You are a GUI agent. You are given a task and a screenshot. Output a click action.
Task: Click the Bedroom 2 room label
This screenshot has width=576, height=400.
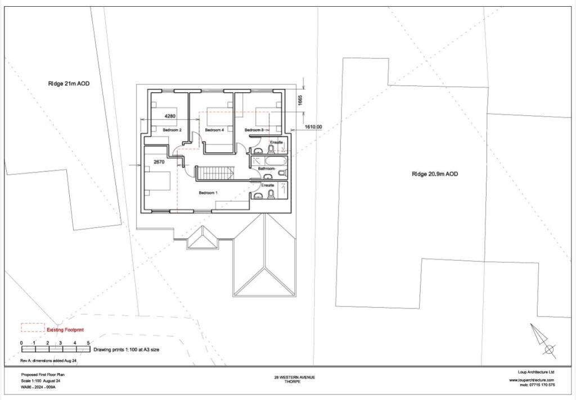172,130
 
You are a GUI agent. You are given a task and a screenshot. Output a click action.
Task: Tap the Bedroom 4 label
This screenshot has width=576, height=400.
214,130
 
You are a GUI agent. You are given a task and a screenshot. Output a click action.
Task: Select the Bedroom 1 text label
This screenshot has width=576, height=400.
208,193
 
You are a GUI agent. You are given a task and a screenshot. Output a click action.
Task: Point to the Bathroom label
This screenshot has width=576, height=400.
266,169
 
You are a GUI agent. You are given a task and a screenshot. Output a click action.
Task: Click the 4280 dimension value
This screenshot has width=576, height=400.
170,116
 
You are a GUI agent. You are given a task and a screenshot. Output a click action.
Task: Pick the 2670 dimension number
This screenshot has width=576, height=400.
159,162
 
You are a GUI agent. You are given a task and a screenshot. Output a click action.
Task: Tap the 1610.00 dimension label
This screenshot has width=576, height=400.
313,127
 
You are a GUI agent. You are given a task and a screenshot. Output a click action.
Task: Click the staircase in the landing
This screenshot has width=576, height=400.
214,172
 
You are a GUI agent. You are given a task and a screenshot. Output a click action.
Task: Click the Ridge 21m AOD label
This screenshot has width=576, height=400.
69,84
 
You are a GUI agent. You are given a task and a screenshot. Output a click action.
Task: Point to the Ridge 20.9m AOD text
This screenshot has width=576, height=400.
434,174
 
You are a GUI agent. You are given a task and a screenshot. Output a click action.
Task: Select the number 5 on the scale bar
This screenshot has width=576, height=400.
88,343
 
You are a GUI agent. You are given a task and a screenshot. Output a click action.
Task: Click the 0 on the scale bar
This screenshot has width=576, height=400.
21,343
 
